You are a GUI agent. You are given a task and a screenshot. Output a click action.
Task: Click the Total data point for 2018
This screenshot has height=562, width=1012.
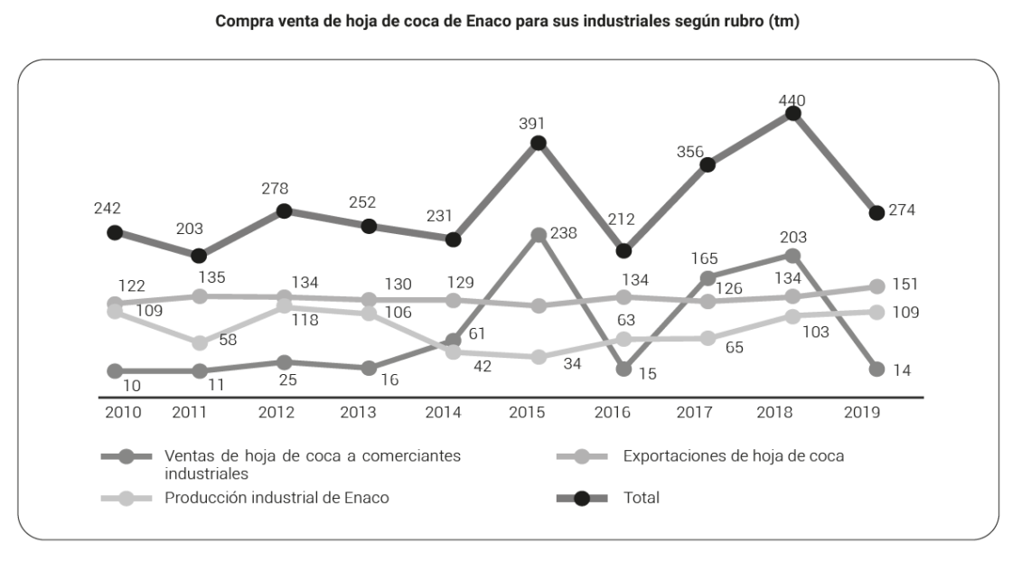coord(793,113)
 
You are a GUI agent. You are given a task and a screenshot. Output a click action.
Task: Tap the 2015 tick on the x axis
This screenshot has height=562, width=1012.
coord(527,414)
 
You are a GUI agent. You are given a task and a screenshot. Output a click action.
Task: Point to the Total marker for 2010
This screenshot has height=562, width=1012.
coord(115,232)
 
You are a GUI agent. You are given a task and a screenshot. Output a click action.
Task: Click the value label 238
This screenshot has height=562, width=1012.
coord(570,233)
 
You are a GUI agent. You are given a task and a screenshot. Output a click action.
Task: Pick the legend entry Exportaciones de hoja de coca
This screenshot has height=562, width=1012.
coord(734,456)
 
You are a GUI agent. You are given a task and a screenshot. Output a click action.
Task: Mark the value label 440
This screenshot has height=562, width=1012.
coord(792,99)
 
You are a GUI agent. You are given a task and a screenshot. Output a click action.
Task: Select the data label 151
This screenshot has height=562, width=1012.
coord(904,284)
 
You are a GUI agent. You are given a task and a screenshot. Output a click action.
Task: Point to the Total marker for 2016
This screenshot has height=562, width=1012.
coord(623,250)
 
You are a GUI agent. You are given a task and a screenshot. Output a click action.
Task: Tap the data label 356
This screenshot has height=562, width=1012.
coord(690,152)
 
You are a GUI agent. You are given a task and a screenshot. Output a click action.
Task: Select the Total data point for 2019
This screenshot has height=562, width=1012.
coord(876,212)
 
